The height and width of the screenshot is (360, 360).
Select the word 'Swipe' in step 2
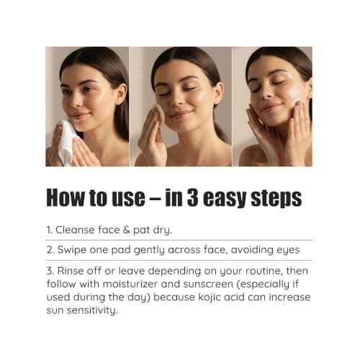pos(75,250)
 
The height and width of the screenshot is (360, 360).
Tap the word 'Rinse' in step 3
pos(73,270)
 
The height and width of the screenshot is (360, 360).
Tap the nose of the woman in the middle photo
pos(179,101)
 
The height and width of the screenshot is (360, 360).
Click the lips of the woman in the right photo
pos(270,107)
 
